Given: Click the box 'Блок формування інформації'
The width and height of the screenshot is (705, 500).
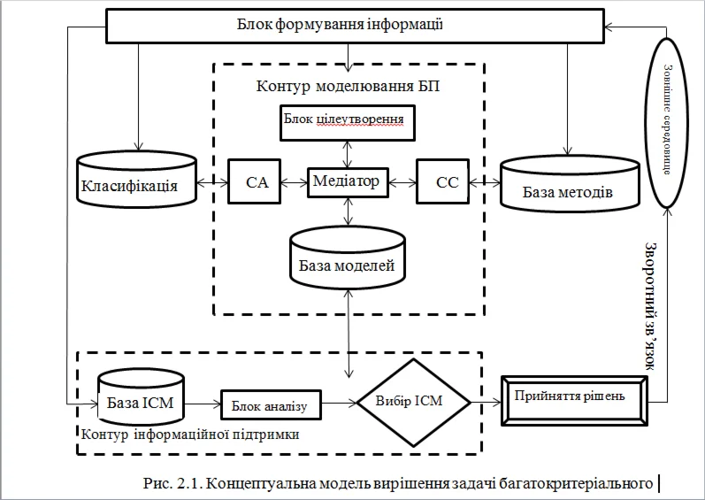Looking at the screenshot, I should pos(352,25).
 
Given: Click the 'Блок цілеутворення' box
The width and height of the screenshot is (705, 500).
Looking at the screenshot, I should pos(347,121).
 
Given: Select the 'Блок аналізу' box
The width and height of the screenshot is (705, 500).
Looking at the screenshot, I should pos(269,405).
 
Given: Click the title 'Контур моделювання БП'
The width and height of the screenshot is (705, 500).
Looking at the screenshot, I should pos(348,86).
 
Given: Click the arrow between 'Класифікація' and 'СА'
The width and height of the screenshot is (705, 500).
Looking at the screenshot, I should pos(213,183).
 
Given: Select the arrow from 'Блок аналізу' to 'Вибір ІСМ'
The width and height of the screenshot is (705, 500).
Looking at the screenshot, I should pos(337,404).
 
